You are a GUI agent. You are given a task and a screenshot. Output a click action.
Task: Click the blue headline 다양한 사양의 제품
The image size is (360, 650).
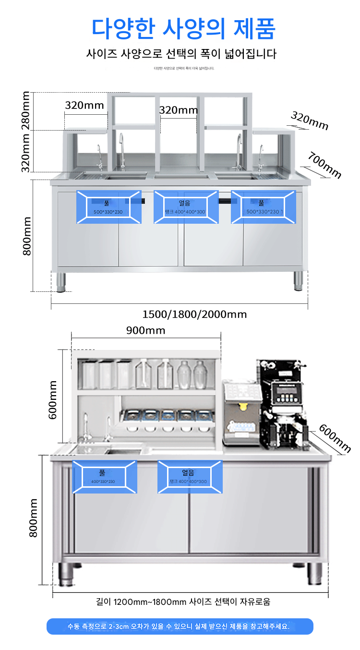(184, 28)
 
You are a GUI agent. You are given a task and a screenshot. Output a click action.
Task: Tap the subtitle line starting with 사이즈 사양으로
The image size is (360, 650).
(181, 54)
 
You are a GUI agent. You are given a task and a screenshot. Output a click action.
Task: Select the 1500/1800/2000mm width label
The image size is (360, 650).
(194, 314)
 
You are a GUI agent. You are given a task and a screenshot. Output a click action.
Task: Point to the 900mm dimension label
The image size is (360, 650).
(145, 330)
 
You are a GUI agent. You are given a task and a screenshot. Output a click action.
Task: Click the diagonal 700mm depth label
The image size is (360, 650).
(325, 165)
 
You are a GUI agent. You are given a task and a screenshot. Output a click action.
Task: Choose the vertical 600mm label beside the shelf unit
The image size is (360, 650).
(53, 399)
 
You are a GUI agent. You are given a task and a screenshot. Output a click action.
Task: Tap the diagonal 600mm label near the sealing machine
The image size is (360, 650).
(335, 438)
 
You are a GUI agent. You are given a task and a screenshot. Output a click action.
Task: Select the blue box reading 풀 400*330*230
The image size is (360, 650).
(104, 477)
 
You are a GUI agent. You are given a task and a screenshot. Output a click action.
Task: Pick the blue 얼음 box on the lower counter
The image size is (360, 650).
(191, 477)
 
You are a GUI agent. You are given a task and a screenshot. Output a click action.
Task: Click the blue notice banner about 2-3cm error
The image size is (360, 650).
(180, 626)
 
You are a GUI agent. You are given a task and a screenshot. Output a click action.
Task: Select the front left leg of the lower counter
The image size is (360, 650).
(67, 574)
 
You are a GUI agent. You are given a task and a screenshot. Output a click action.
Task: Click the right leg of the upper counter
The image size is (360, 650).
(298, 280)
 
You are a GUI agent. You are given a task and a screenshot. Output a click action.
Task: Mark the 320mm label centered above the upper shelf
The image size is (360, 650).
(178, 110)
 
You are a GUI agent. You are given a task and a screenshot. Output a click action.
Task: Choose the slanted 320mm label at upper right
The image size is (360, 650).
(310, 120)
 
